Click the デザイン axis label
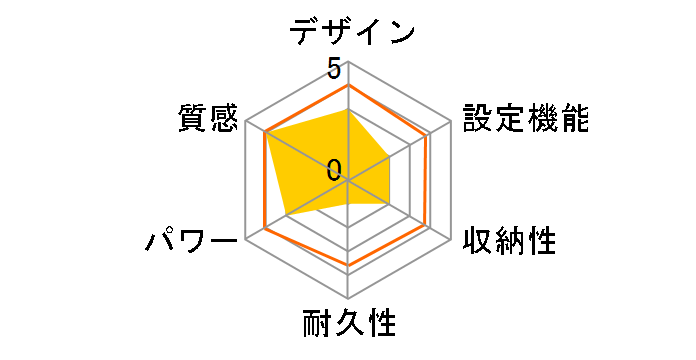tap(351, 31)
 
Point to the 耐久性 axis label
tap(349, 325)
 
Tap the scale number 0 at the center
tap(334, 168)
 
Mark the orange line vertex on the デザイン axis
tap(348, 85)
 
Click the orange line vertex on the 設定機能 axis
tap(429, 133)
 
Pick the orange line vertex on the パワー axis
tap(265, 228)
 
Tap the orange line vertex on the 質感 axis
tap(265, 132)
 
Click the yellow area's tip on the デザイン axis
tap(348, 110)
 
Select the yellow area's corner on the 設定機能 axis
tap(389, 157)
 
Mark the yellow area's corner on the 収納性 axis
tap(389, 204)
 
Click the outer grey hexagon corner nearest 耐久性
tap(348, 299)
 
